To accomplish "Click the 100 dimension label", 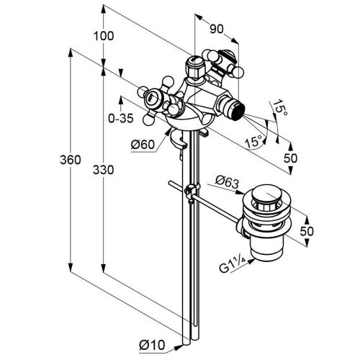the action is point(104,36).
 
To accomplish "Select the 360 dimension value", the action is point(71,160).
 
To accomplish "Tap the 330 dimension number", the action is point(103,170).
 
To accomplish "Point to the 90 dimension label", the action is point(217,29).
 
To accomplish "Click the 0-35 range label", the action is point(121,118).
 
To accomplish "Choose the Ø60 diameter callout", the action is point(143,145).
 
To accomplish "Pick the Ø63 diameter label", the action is point(227,182).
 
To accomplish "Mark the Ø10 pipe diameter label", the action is point(152,346).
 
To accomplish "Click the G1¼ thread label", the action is point(233,265).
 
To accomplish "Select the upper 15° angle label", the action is point(279,107).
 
